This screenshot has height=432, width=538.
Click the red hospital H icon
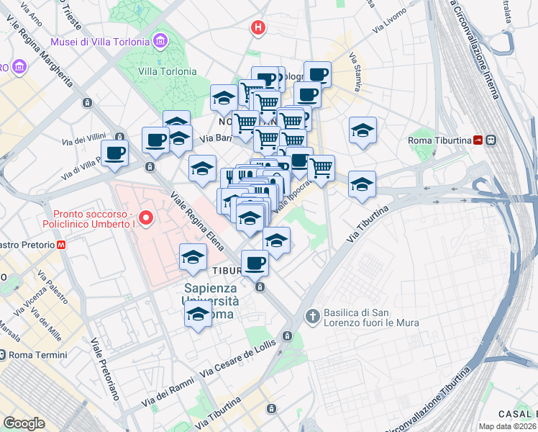pos(257,28)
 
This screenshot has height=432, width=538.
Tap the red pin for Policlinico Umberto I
pos(146,217)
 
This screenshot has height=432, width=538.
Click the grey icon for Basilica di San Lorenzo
pos(313,315)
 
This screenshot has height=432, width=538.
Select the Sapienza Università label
pos(209,295)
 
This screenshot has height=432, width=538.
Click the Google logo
pos(24,423)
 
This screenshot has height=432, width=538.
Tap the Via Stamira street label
pos(355,71)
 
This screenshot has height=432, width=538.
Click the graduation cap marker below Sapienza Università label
pos(198,314)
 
